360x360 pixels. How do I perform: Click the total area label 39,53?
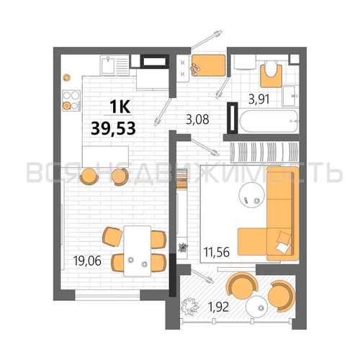tap(114, 128)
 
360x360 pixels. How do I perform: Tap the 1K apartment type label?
tap(120, 107)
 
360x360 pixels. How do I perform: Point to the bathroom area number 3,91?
tap(259, 99)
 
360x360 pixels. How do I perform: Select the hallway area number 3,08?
tap(197, 120)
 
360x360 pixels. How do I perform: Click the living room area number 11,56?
tap(217, 252)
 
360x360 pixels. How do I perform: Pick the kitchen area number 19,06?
tap(88, 261)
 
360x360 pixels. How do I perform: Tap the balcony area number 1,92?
tap(218, 307)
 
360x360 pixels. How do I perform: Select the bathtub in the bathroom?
tap(269, 121)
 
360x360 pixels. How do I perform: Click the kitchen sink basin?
tap(109, 65)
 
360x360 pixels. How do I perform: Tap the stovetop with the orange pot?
tap(71, 100)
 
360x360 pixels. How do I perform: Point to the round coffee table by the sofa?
tap(251, 193)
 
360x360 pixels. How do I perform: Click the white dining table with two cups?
tap(137, 251)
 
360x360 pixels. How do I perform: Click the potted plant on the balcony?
tap(189, 306)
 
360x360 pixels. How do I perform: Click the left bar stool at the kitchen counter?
tap(89, 176)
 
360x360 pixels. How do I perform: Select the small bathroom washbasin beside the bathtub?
tap(290, 96)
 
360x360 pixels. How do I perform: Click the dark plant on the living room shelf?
tap(184, 248)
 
